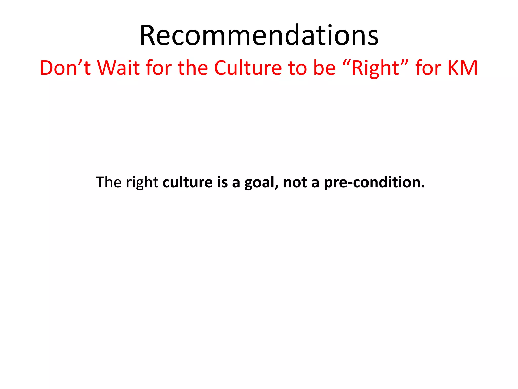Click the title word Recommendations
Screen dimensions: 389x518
(259, 35)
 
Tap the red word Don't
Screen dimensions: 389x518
(65, 68)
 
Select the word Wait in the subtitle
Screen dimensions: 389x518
(118, 68)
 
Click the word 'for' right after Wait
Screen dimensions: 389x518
(159, 68)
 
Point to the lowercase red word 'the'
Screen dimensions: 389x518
(193, 68)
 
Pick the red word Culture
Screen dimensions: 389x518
(248, 68)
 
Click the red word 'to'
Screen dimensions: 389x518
(297, 68)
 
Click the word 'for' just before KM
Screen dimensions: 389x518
(428, 68)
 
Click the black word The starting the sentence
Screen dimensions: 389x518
(109, 182)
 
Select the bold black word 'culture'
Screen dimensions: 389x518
(188, 182)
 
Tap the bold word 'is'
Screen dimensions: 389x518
(222, 182)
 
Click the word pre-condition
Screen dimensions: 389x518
(374, 182)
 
